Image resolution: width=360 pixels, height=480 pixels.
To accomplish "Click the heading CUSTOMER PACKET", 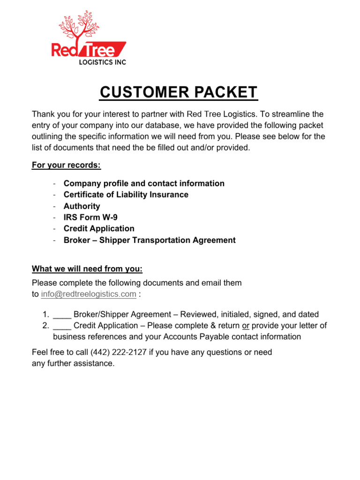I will [179, 92].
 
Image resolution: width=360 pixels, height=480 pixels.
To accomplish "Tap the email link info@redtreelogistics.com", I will [89, 294].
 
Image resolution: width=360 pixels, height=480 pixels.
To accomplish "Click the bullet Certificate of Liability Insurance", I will [126, 195].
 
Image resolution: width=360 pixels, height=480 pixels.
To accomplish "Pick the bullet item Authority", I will [82, 206].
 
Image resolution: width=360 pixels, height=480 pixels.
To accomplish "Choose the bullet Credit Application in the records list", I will [99, 228].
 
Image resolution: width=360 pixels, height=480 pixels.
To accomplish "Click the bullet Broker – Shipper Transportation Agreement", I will [150, 240].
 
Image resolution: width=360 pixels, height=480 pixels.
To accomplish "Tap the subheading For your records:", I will [66, 165].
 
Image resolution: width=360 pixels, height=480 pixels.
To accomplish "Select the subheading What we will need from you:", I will [87, 269].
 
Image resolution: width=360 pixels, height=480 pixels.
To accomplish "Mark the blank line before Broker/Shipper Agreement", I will [62, 315].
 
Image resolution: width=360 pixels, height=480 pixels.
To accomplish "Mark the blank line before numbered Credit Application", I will [62, 326].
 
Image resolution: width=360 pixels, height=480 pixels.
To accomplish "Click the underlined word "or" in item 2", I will [246, 325].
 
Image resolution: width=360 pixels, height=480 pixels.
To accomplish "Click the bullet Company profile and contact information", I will [144, 183].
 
